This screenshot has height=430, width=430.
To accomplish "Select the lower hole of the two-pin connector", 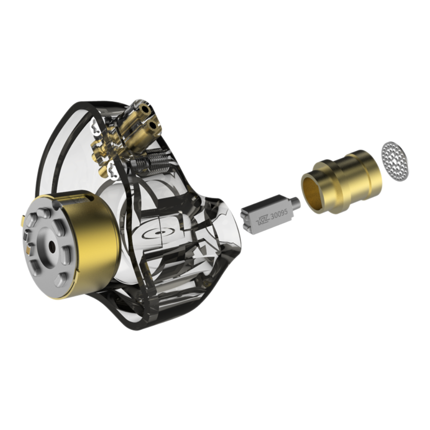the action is click(152, 126).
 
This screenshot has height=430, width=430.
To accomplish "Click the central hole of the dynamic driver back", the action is click(52, 246).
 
